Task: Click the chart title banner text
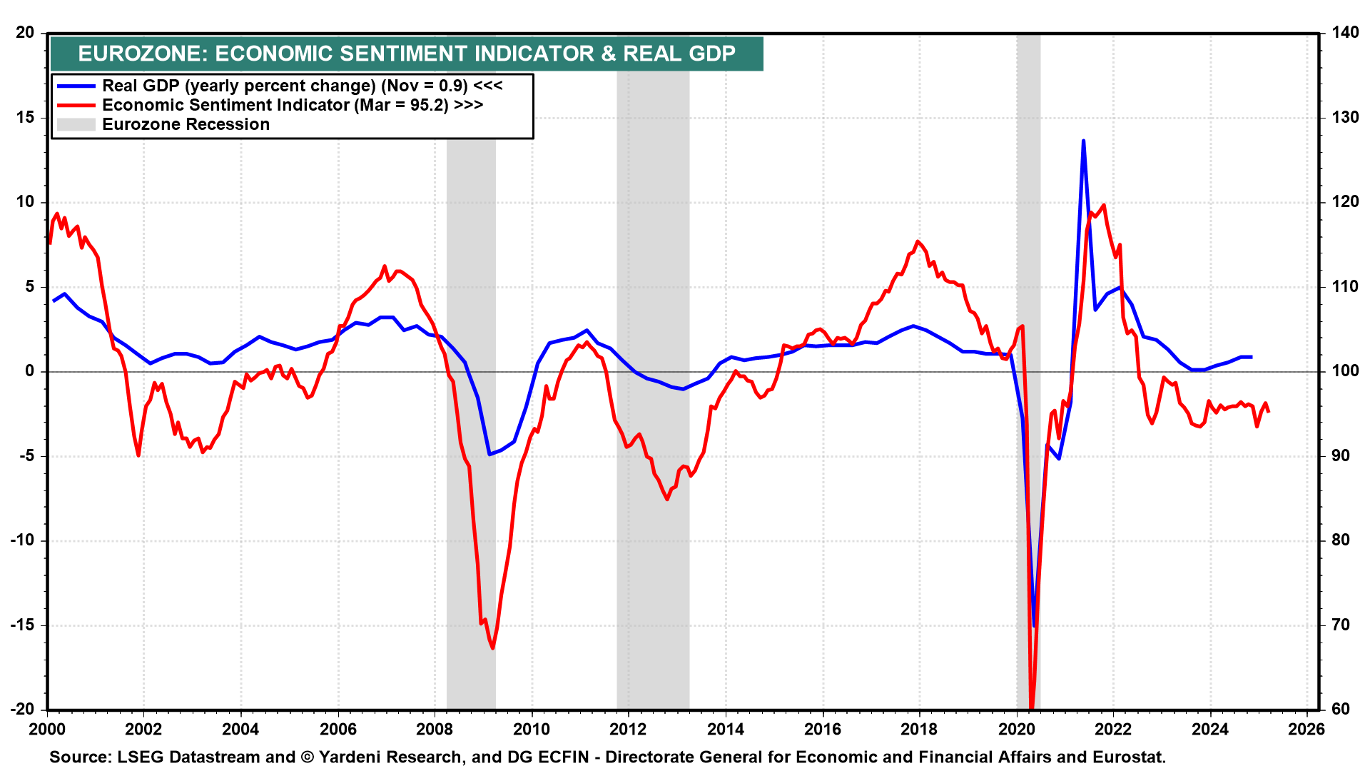(x=407, y=54)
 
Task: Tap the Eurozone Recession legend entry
(x=186, y=124)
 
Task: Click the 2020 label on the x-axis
(x=1016, y=729)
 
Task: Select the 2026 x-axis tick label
(x=1307, y=729)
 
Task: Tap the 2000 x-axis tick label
(x=47, y=729)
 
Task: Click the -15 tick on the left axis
(x=23, y=625)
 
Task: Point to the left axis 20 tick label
(x=25, y=32)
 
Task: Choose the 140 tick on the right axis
(x=1344, y=32)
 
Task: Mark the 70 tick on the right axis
(x=1341, y=625)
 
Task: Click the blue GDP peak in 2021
(x=1083, y=141)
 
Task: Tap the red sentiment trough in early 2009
(x=493, y=647)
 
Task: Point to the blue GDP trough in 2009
(x=489, y=454)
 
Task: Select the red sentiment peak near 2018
(x=918, y=241)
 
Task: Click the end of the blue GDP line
(x=1252, y=357)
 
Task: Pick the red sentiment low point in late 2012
(x=667, y=499)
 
